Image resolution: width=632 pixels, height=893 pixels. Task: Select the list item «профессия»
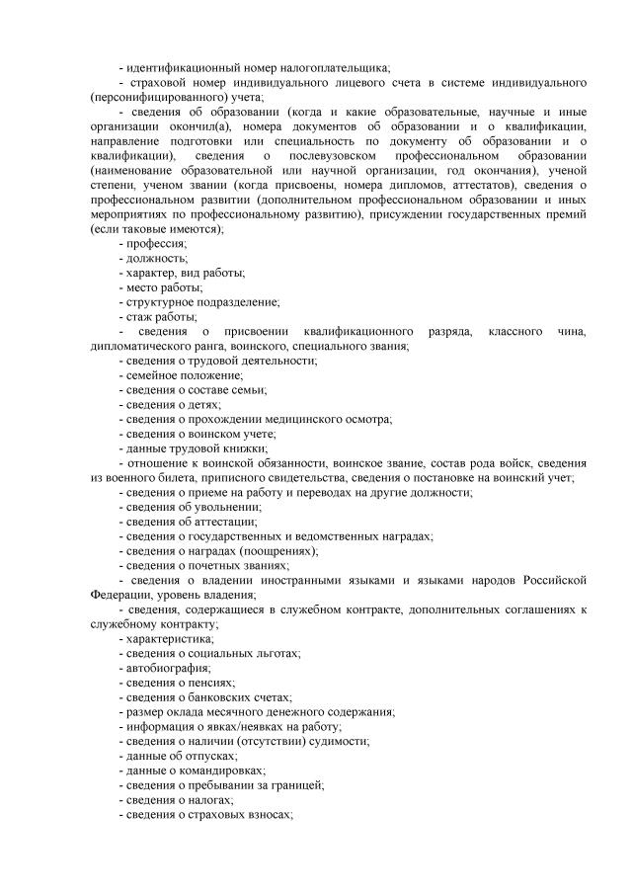pos(155,242)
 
